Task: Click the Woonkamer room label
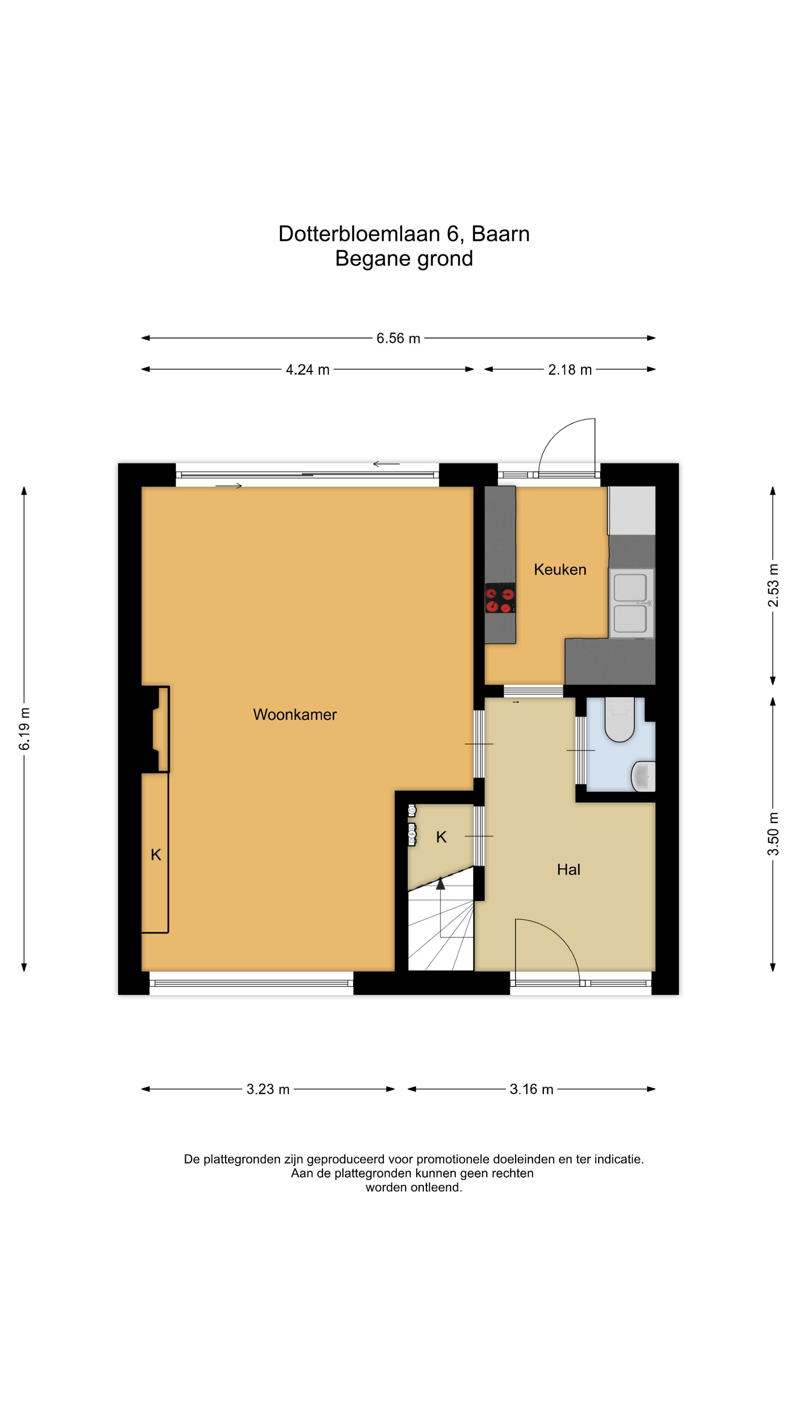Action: coord(295,714)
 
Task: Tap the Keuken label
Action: coord(560,569)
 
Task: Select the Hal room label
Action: coord(568,870)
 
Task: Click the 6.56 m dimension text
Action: coord(398,338)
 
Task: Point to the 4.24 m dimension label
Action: coord(307,370)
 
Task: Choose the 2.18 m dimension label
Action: coord(570,370)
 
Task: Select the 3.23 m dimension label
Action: coord(268,1089)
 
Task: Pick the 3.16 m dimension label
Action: coord(531,1089)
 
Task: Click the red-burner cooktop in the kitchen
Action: coord(500,598)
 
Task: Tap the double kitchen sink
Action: coord(631,603)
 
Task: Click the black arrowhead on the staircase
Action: coord(441,883)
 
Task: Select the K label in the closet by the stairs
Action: coord(441,837)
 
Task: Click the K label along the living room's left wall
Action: coord(156,855)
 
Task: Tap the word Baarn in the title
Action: coord(501,234)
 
